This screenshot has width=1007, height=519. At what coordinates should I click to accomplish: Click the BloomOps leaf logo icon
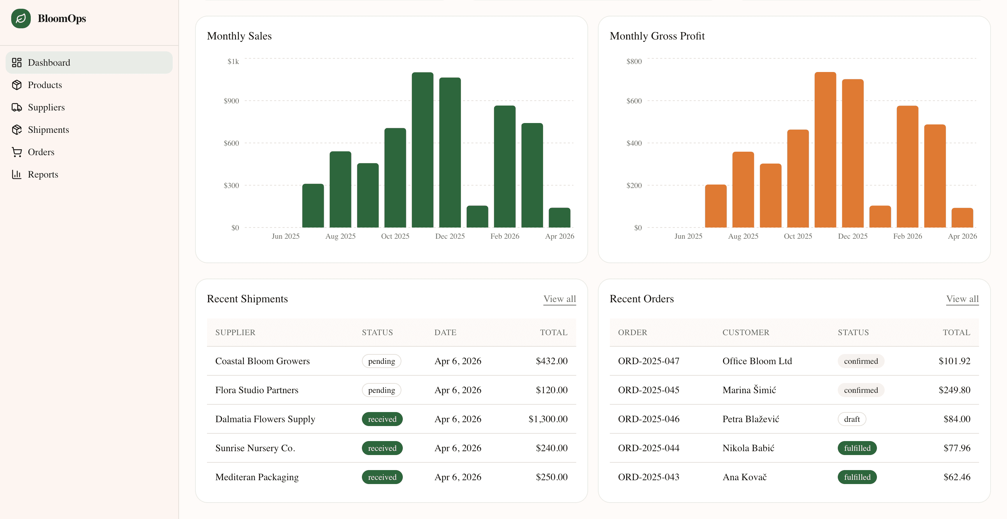(x=21, y=19)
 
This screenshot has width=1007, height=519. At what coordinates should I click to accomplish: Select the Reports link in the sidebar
(x=43, y=174)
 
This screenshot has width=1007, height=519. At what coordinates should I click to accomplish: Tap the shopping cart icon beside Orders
(x=17, y=152)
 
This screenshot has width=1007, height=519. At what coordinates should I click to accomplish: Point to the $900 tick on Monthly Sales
(x=231, y=101)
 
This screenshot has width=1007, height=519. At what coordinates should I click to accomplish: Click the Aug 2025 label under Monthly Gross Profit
(x=743, y=236)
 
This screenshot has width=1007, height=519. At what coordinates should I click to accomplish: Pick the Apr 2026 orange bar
(x=962, y=218)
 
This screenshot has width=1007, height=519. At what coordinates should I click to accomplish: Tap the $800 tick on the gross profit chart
(x=634, y=62)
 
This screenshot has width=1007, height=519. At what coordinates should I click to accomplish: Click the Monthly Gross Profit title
(x=657, y=36)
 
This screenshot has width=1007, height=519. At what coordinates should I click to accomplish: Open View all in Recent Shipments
(x=559, y=299)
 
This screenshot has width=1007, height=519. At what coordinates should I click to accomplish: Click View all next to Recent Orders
(x=962, y=299)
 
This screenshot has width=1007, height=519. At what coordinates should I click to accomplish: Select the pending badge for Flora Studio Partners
(x=381, y=390)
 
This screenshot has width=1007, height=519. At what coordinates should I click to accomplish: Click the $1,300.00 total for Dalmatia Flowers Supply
(x=548, y=419)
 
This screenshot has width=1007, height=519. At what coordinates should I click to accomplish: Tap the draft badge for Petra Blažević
(x=851, y=419)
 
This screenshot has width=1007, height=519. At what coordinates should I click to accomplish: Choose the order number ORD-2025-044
(x=648, y=448)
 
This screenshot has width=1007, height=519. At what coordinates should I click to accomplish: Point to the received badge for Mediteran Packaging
(x=382, y=477)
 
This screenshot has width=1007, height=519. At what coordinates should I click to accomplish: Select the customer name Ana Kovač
(x=744, y=477)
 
